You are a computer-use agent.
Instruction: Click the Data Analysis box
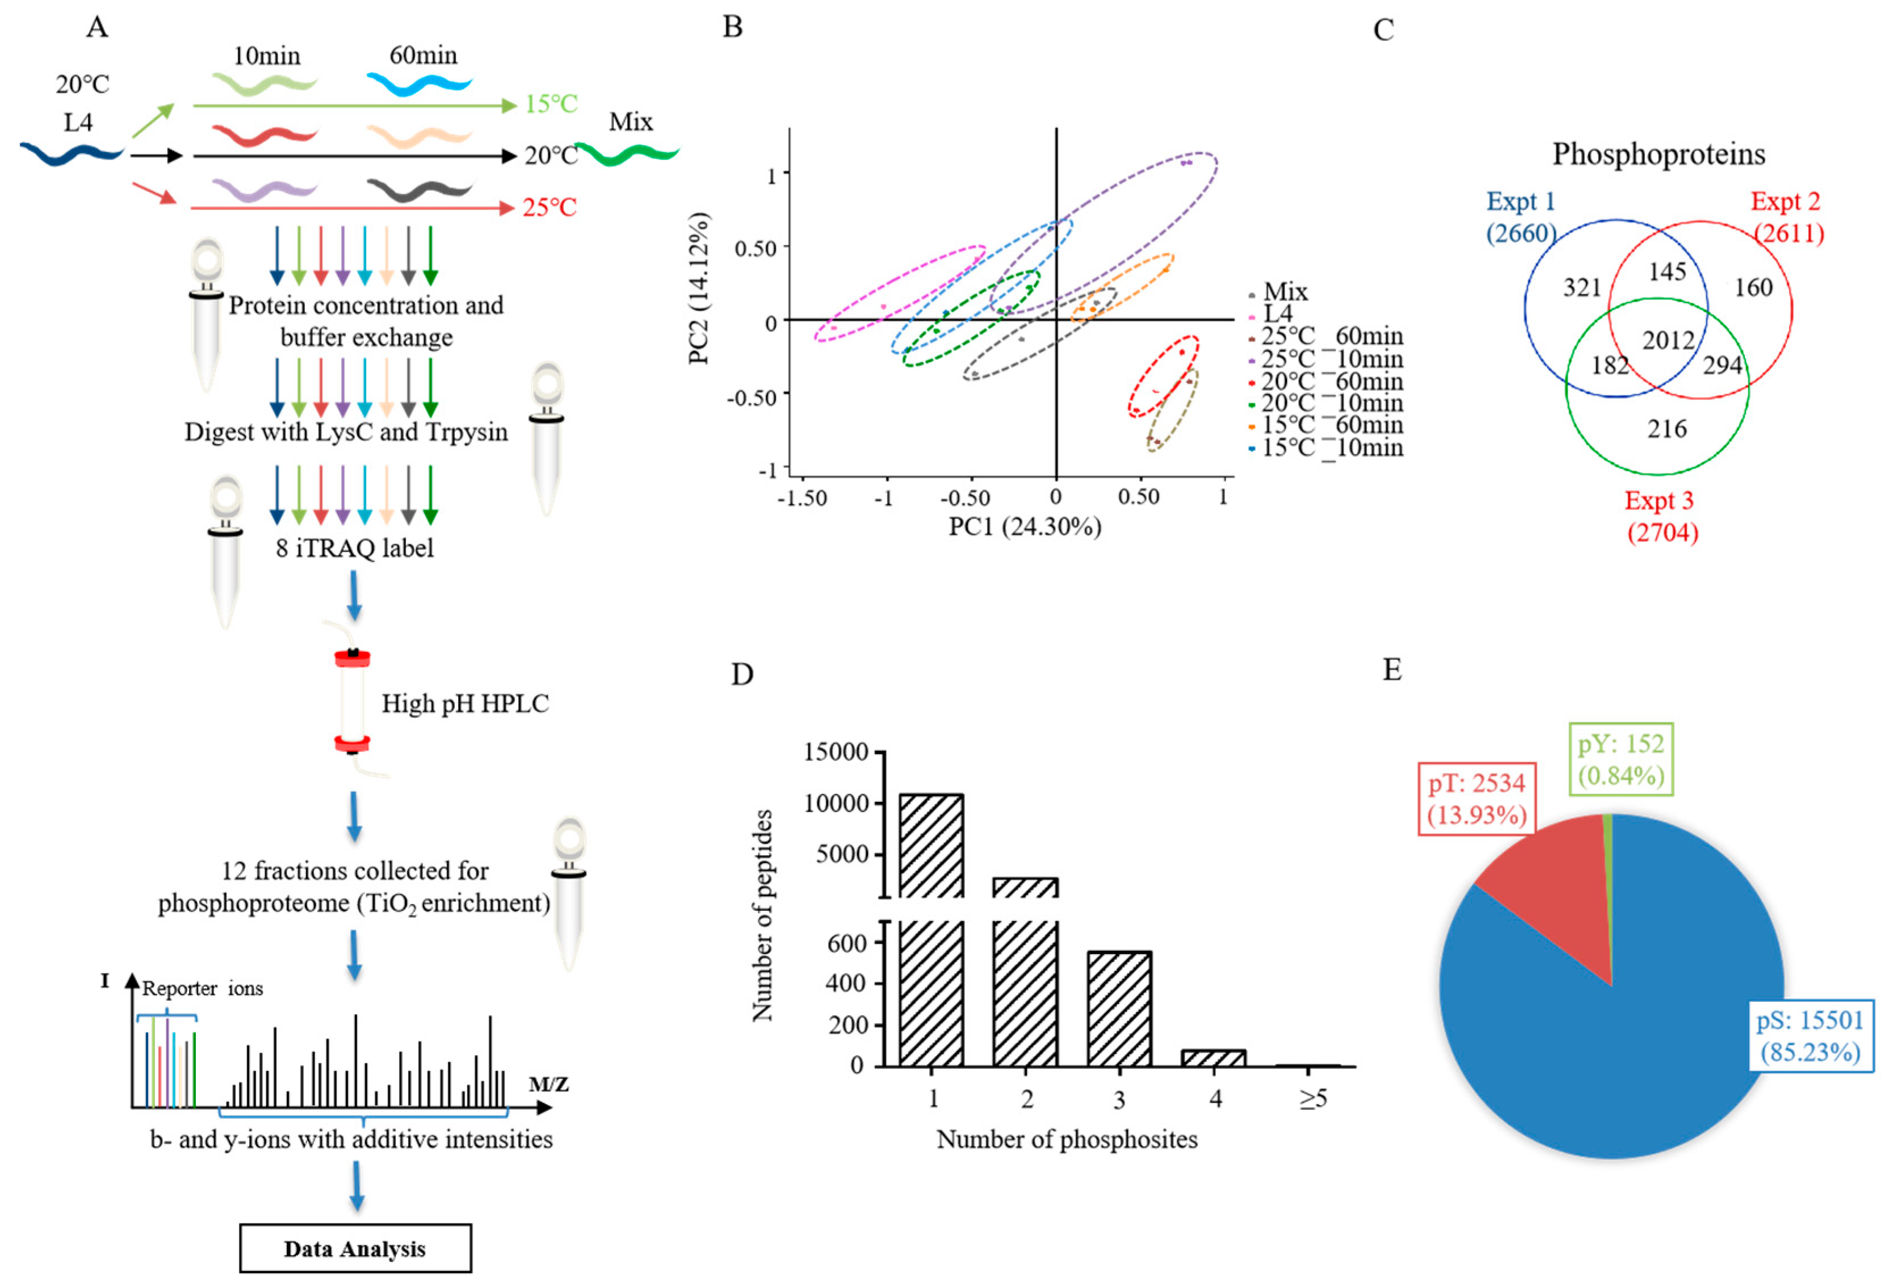(x=355, y=1248)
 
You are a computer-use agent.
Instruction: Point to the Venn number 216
(x=1666, y=428)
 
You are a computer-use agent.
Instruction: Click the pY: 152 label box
(x=1621, y=759)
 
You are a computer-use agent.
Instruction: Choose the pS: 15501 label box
(x=1810, y=1035)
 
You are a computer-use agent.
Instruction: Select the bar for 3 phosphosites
(x=1119, y=1007)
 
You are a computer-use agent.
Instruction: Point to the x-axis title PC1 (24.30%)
(x=1025, y=526)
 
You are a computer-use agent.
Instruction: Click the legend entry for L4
(x=1277, y=313)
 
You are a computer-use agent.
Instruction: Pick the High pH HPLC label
(x=465, y=703)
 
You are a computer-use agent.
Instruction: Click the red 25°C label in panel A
(x=549, y=207)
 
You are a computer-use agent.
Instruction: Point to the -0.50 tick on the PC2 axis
(x=752, y=398)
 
